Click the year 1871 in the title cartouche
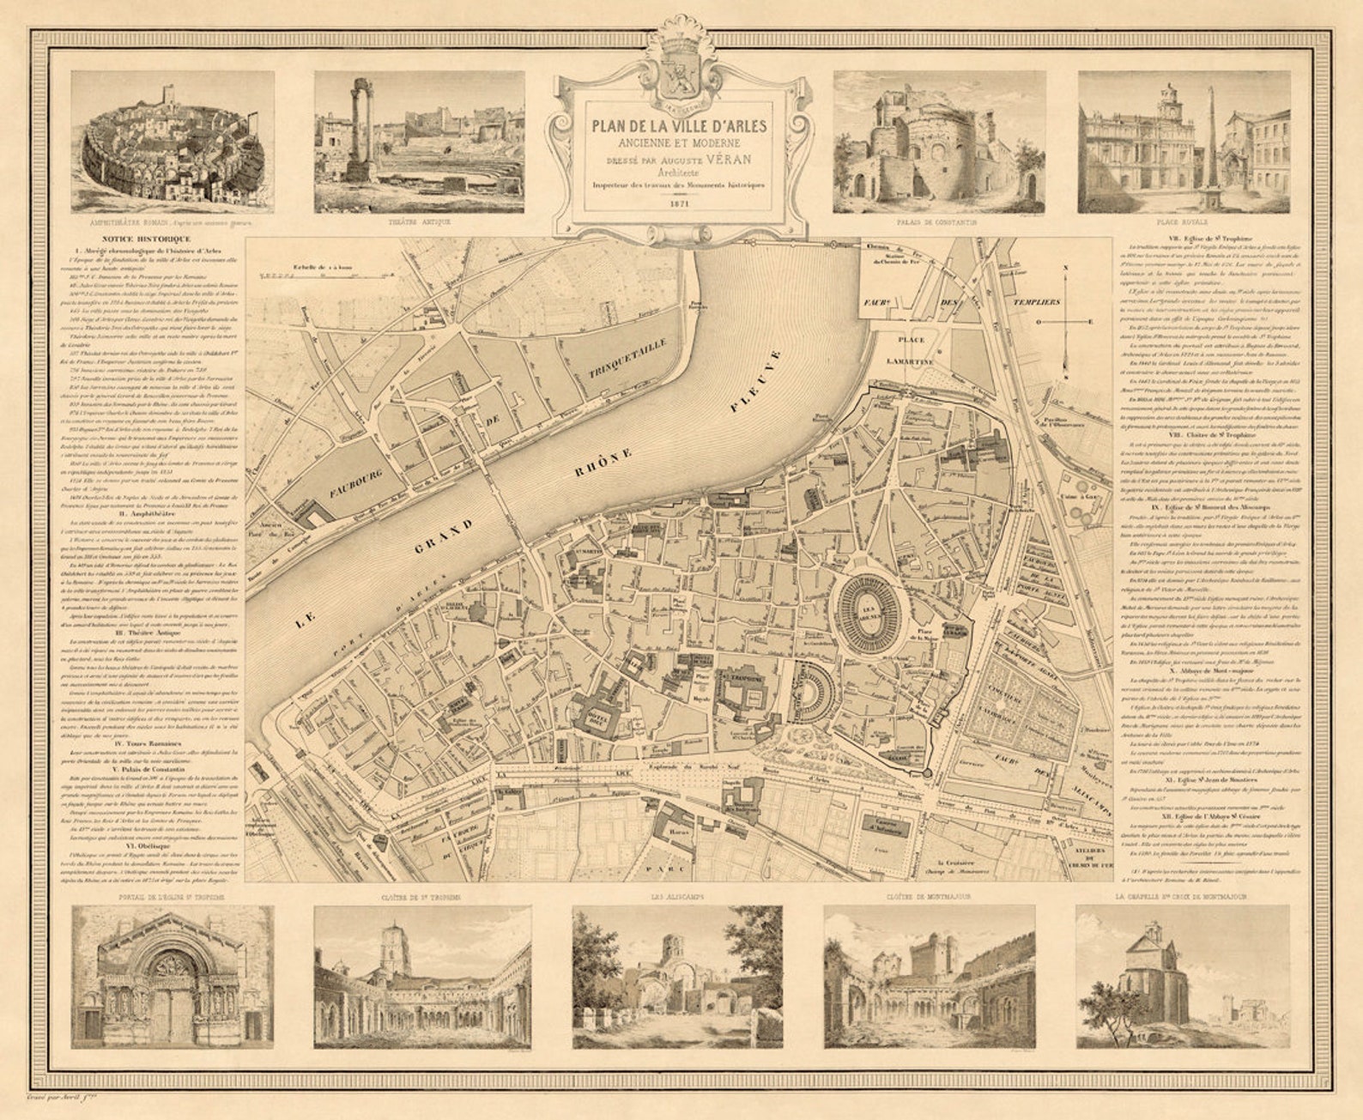679,204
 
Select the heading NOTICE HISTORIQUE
145,239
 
